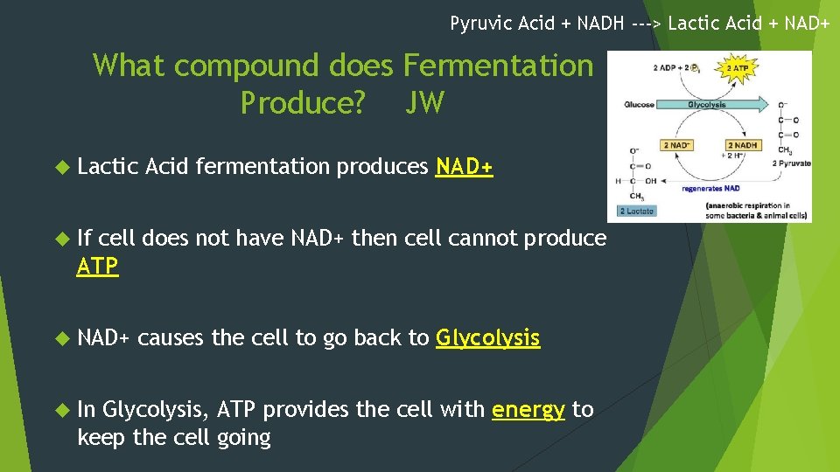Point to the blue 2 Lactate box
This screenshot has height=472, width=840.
[x=636, y=211]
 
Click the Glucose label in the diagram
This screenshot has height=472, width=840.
[x=639, y=105]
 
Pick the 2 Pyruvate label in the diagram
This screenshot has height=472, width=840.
[x=791, y=163]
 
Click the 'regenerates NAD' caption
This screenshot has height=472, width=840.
[x=710, y=187]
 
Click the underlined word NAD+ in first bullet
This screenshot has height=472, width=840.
[x=464, y=167]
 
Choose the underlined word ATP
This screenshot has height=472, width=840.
[x=97, y=267]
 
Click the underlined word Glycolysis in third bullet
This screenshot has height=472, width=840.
[x=487, y=337]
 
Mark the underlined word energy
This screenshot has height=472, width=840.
[x=528, y=409]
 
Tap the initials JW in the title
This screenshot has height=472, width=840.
[x=424, y=103]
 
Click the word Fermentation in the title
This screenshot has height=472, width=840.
[x=497, y=65]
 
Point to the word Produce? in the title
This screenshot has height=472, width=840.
[x=303, y=103]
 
